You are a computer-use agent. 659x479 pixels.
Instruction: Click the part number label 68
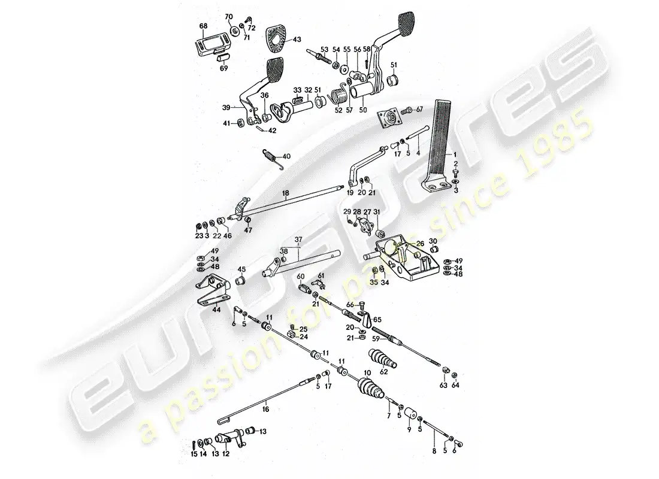pyautogui.click(x=203, y=26)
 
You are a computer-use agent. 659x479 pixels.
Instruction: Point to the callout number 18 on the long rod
pyautogui.click(x=286, y=193)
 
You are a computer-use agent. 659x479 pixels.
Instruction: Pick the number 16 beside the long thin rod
pyautogui.click(x=265, y=410)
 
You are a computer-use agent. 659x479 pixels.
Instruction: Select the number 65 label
pyautogui.click(x=378, y=320)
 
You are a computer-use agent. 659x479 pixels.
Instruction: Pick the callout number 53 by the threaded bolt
pyautogui.click(x=324, y=50)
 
